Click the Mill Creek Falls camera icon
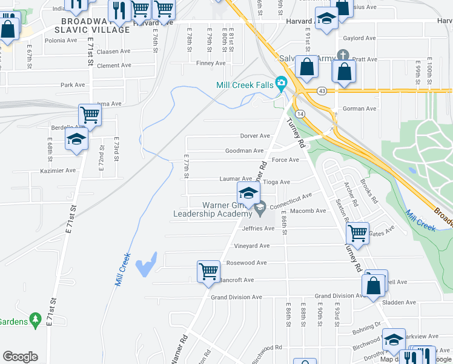[280, 83]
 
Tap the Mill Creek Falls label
[245, 86]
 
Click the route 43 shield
[322, 91]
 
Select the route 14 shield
[300, 114]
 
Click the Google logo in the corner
[20, 357]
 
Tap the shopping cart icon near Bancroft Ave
[208, 271]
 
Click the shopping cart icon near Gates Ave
[357, 232]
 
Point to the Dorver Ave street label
[255, 136]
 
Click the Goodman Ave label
[244, 150]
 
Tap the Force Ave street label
[285, 160]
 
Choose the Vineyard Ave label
[251, 246]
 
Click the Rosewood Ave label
[246, 263]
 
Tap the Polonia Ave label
[61, 41]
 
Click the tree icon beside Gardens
[35, 318]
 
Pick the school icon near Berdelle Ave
[77, 140]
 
